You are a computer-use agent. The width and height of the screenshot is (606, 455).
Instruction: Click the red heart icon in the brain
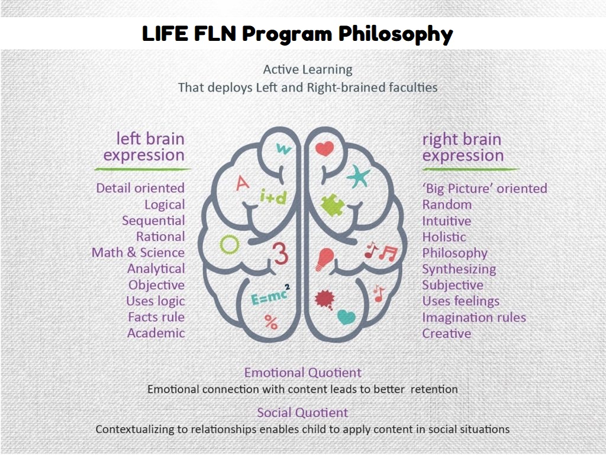[x=324, y=148]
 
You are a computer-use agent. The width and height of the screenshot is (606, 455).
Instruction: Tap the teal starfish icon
[x=358, y=177]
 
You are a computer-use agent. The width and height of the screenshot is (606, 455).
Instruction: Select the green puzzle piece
[x=333, y=204]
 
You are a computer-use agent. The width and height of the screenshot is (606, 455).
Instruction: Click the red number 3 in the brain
[x=281, y=253]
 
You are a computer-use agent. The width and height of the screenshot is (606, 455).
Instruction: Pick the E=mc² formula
[x=270, y=296]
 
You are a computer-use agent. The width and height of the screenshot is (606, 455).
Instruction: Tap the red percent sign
[x=271, y=322]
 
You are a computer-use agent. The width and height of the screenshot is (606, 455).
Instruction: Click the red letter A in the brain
[x=242, y=183]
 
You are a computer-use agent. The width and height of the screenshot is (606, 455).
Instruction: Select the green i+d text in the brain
[x=273, y=197]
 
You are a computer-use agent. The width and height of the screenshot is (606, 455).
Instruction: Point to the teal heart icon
[x=346, y=317]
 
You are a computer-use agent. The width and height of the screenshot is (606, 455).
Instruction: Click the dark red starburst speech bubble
[x=325, y=299]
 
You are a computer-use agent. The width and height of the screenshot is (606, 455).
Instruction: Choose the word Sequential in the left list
[x=153, y=221]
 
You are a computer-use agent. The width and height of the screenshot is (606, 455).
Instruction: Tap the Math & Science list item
[x=138, y=252]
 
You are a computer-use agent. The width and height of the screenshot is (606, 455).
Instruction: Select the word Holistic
[x=444, y=237]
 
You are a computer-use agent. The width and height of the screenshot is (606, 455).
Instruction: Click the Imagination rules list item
[x=474, y=318]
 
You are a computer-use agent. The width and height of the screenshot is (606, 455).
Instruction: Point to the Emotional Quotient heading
[x=302, y=373]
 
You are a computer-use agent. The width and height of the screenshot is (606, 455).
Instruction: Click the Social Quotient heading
[x=302, y=412]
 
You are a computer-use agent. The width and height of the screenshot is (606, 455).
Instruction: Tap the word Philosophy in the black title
[x=396, y=34]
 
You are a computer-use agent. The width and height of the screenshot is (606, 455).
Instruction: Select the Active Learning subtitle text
[x=308, y=70]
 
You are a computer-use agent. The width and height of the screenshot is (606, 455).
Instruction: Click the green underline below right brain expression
[x=470, y=169]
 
